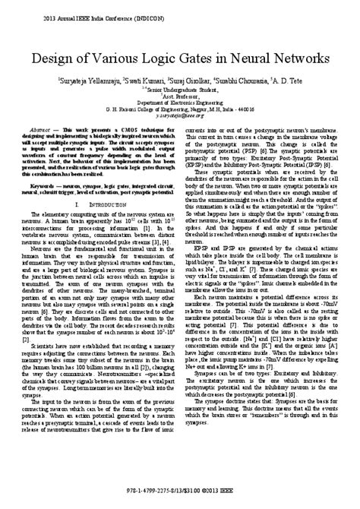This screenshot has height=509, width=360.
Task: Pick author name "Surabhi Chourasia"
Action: point(241,81)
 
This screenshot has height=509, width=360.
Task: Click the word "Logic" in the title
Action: point(159,58)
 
